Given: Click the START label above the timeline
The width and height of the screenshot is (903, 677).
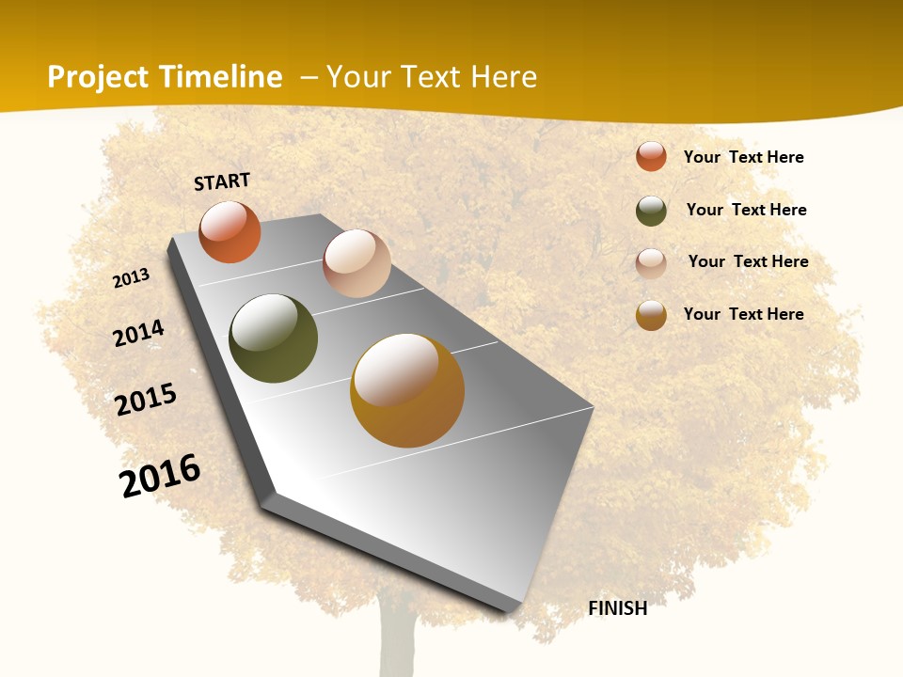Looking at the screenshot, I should click(x=222, y=181).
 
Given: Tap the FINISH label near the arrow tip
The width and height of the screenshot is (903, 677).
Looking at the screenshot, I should click(x=618, y=608).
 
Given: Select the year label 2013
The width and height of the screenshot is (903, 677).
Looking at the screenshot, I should click(x=132, y=278).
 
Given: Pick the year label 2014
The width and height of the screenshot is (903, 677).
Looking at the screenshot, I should click(x=139, y=333).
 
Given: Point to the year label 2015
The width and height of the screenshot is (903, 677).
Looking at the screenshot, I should click(x=146, y=400).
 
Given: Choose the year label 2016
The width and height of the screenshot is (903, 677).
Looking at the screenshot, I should click(x=160, y=475).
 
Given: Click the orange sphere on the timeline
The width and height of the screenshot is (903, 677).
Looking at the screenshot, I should click(x=230, y=232).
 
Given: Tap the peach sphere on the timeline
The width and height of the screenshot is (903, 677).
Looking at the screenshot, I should click(x=356, y=263).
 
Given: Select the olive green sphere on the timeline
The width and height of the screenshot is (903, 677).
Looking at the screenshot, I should click(x=273, y=338).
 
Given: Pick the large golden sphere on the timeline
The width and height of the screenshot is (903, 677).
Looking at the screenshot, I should click(x=407, y=390).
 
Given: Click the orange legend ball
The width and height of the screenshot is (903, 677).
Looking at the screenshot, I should click(x=651, y=156).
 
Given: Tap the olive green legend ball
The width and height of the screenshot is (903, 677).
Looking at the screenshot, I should click(x=651, y=211).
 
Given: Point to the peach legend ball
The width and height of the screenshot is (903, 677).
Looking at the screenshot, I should click(x=651, y=263).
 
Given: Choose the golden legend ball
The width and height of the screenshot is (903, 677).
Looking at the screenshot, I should click(x=651, y=315).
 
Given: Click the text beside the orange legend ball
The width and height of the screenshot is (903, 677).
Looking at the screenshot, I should click(x=743, y=157).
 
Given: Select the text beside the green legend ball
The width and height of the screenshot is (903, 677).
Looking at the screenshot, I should click(x=746, y=210).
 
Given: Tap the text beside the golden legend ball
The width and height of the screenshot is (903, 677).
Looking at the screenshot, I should click(x=743, y=314).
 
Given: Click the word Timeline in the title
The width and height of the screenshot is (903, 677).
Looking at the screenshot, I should click(x=220, y=77).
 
